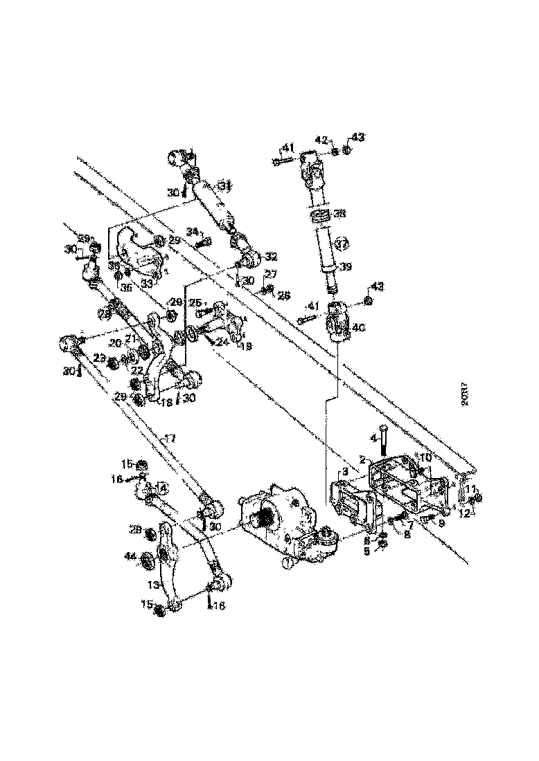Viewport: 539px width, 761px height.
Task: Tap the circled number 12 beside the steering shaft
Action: (341, 243)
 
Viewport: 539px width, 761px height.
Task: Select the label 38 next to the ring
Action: (338, 214)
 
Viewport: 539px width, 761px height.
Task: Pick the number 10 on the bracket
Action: (425, 458)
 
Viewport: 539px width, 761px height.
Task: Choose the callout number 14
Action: (162, 488)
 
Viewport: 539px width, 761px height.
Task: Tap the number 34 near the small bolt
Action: (192, 232)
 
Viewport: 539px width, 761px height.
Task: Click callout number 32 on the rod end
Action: (271, 255)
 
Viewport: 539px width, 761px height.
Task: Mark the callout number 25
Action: (197, 302)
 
